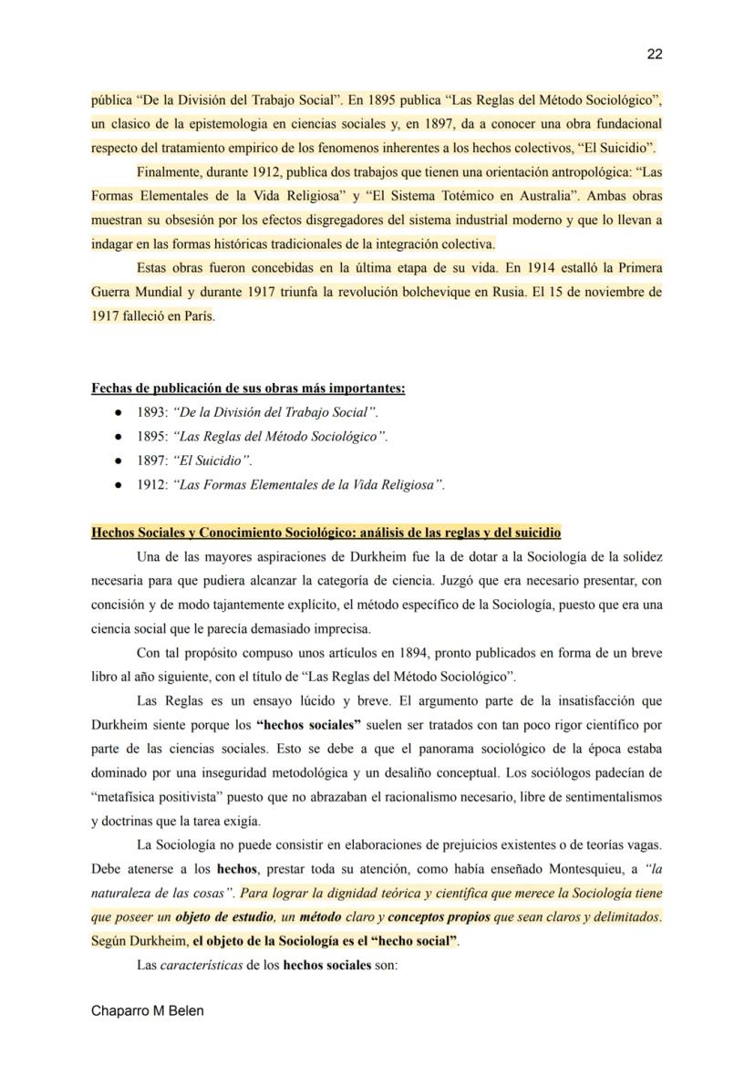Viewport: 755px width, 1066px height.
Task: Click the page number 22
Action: tap(654, 54)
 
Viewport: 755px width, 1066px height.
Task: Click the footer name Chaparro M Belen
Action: tap(148, 1011)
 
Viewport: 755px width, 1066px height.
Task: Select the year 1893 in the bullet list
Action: tap(151, 412)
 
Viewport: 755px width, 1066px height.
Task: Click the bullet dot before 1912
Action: tap(119, 485)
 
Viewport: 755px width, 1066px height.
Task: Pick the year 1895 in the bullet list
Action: tap(151, 437)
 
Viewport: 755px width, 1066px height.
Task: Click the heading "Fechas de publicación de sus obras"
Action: tap(248, 388)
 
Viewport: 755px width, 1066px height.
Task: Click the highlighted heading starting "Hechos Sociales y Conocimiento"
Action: tap(326, 533)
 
